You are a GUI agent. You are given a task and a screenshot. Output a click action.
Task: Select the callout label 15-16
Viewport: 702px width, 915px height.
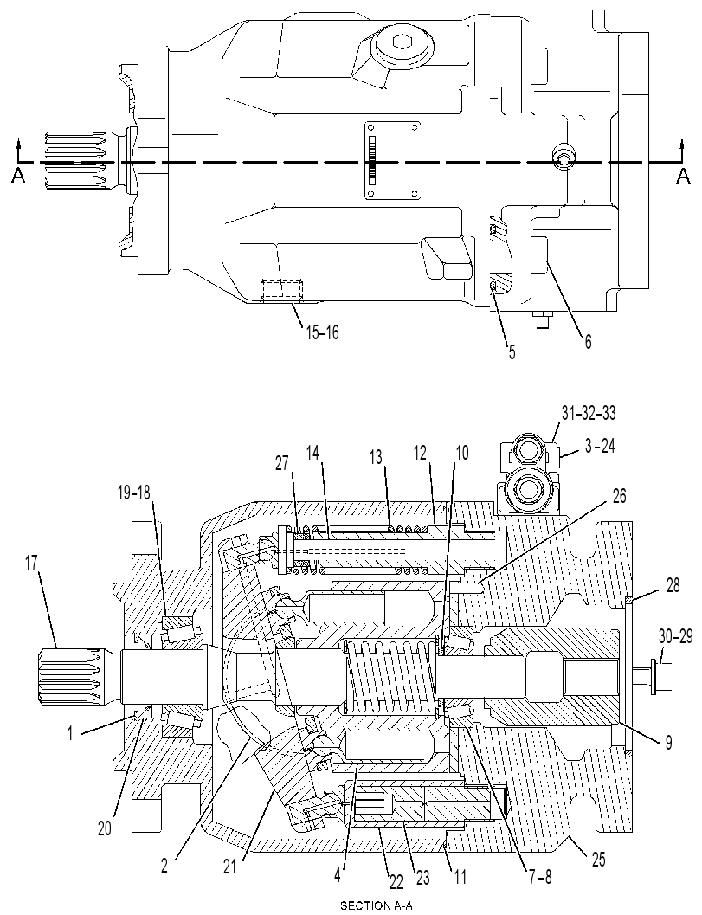click(321, 332)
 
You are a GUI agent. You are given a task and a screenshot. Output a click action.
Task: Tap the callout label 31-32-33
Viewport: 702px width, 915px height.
click(589, 413)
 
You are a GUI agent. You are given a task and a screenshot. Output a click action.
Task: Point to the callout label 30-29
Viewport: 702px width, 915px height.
click(676, 636)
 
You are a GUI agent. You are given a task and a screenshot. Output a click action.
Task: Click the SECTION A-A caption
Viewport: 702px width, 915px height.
click(377, 905)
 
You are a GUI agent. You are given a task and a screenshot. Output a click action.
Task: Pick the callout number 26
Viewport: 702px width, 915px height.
click(619, 496)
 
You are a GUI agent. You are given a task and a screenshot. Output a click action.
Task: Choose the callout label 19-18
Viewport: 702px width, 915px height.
click(133, 493)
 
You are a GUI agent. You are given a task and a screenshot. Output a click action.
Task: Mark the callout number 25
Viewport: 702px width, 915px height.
click(597, 860)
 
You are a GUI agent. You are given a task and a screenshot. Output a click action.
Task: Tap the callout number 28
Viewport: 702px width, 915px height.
click(673, 585)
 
